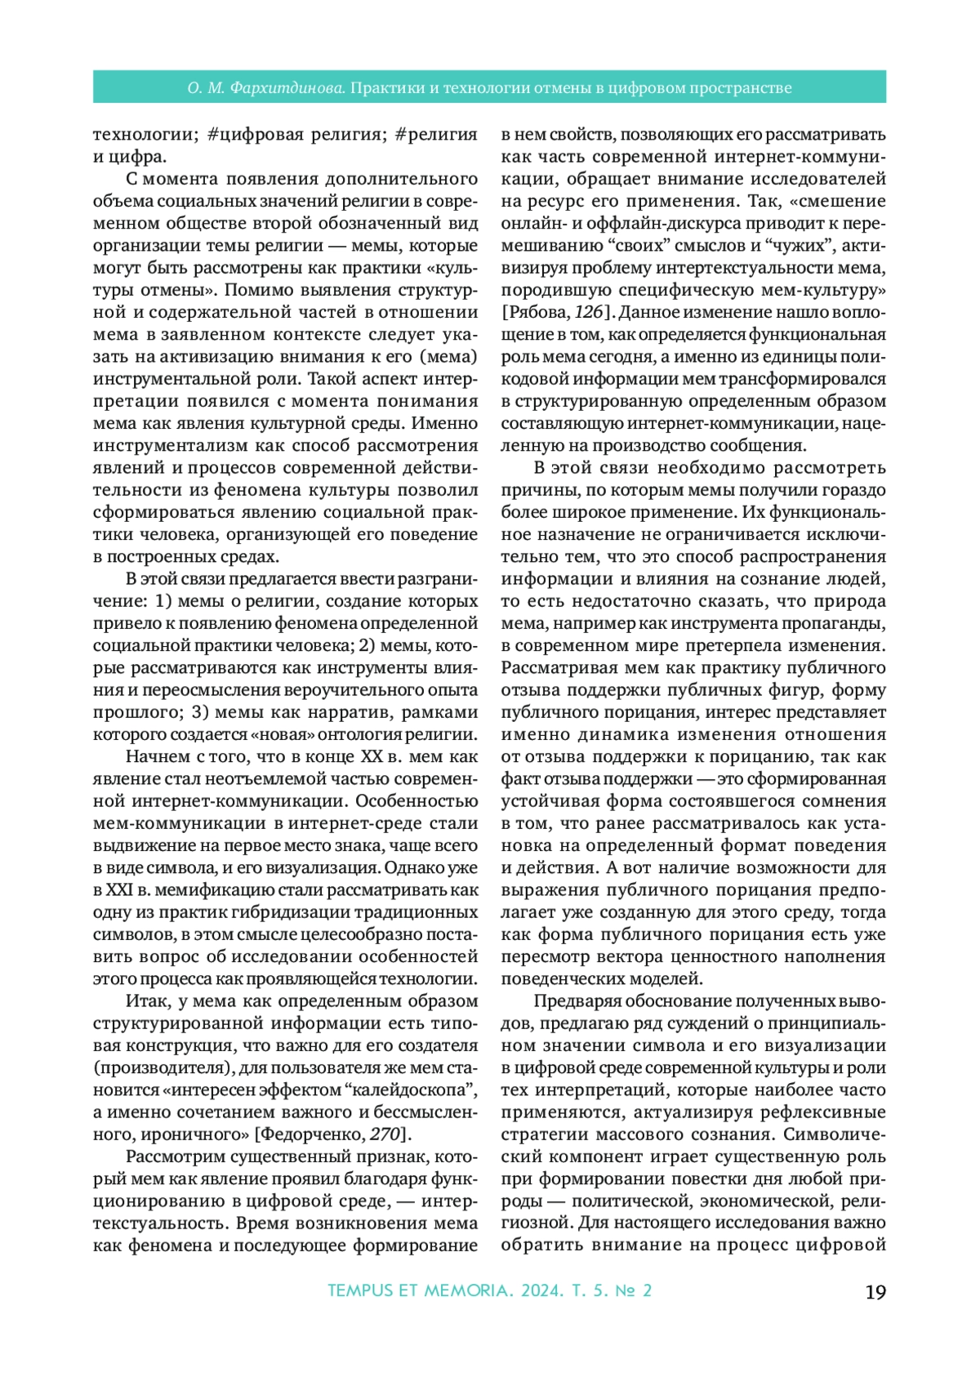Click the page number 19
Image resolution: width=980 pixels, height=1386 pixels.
(875, 1292)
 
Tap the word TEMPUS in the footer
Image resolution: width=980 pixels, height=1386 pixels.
(359, 1291)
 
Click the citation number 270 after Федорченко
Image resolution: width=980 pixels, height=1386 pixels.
(384, 1134)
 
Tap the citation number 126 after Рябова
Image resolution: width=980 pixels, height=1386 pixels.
(589, 313)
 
